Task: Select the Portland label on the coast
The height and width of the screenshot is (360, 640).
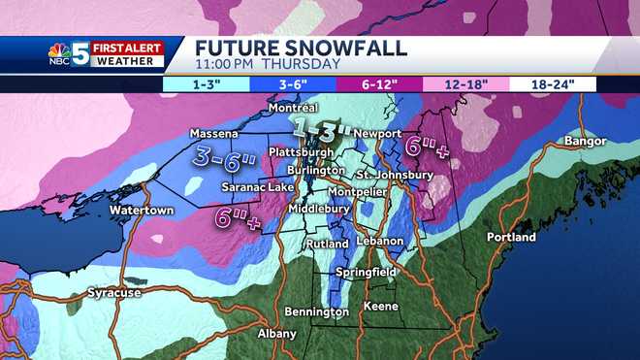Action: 511,237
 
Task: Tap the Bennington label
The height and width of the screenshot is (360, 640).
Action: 316,311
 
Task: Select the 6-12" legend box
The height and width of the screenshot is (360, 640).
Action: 380,84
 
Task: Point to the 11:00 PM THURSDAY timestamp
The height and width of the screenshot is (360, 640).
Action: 268,64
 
